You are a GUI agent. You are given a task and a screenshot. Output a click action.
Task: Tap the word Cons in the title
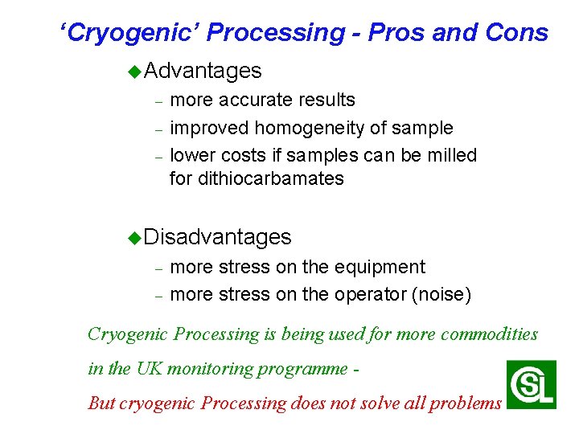517,32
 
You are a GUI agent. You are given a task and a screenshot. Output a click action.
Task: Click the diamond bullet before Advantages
134,72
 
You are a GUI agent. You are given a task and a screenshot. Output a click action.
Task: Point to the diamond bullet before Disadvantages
134,237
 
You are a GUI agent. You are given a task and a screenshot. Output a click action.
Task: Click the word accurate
252,100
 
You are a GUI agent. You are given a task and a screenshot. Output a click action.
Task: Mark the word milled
452,154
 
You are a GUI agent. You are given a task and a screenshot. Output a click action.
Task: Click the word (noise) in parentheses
441,294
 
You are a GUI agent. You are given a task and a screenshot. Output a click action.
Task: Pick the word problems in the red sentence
465,403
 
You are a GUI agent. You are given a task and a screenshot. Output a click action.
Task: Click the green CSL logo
531,384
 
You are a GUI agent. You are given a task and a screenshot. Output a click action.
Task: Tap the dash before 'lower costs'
159,156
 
